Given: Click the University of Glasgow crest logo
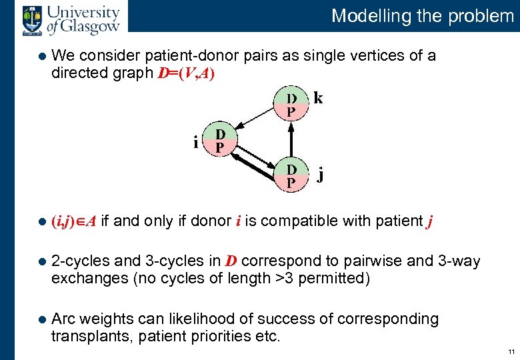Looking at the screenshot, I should [31, 19].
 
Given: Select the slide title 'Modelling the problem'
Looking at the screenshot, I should [423, 15].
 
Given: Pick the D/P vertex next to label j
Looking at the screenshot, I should [291, 175].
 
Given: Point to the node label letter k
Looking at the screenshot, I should [319, 99].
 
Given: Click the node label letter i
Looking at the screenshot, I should [195, 142].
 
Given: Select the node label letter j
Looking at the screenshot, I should [321, 176].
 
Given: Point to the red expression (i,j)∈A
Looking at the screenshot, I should [74, 221].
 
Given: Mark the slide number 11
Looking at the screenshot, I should [510, 351].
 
